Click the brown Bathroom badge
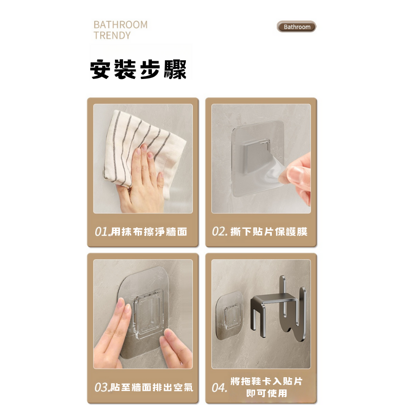click(x=297, y=27)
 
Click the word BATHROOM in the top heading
click(x=120, y=25)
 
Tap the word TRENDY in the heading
click(x=112, y=35)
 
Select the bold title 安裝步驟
click(x=138, y=69)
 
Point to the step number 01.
click(x=101, y=232)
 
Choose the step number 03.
click(x=101, y=387)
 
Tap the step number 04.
click(x=219, y=387)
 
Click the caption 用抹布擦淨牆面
click(x=149, y=232)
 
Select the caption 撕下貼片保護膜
click(x=269, y=231)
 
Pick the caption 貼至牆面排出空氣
click(x=152, y=387)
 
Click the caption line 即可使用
click(x=267, y=393)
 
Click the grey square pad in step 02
click(x=255, y=156)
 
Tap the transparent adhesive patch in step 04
click(x=230, y=315)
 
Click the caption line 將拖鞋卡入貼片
click(x=267, y=381)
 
